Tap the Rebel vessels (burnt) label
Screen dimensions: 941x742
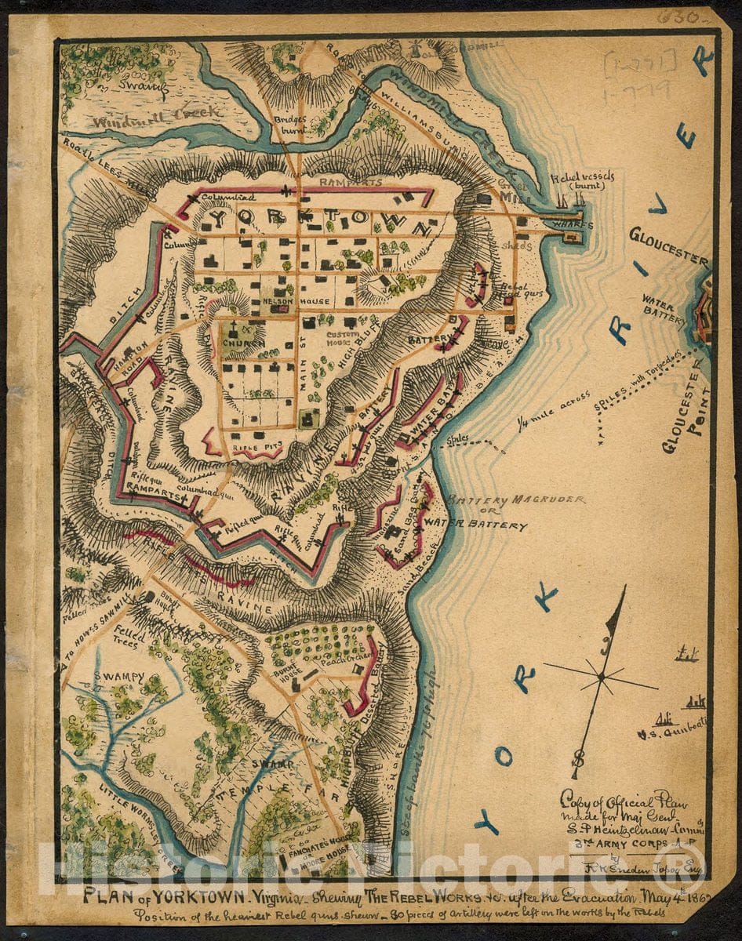582,182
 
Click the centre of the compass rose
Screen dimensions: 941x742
600,675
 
